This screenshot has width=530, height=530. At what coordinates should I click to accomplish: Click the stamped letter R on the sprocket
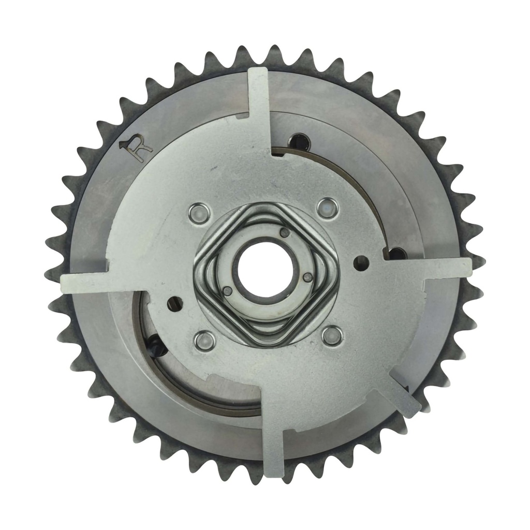(x=136, y=149)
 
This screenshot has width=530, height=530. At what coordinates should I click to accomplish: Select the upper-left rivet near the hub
(x=199, y=213)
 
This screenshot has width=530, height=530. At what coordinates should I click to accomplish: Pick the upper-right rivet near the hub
(x=326, y=207)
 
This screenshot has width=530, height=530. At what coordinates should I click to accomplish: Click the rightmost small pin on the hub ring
(x=306, y=277)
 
